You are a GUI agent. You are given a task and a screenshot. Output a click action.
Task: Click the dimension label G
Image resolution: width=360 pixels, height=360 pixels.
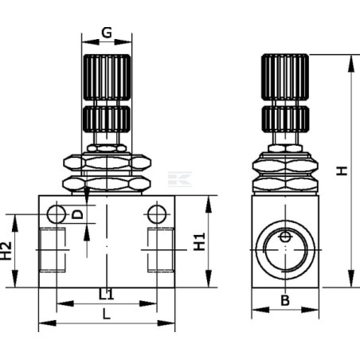[107, 33]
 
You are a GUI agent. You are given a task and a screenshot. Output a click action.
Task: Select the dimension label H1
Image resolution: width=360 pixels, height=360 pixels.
[199, 241]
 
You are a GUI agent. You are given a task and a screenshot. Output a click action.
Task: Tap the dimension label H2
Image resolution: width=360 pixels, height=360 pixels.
[6, 251]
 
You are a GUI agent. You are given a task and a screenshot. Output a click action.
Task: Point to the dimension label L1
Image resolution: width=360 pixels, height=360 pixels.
[107, 294]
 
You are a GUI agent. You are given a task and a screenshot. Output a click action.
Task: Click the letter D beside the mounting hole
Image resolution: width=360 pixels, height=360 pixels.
[78, 214]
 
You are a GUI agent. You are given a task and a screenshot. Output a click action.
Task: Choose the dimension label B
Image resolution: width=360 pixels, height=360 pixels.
[285, 300]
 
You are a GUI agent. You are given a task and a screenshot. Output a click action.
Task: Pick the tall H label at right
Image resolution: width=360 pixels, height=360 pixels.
[342, 170]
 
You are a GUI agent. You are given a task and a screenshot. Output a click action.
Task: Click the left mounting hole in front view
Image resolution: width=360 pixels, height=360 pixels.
[57, 214]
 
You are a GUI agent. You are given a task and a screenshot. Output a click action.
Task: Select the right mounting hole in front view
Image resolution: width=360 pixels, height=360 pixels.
[157, 214]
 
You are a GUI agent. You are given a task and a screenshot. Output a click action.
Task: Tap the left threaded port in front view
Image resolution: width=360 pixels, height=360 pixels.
[53, 249]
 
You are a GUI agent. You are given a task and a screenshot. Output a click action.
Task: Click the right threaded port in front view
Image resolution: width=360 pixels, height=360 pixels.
[161, 249]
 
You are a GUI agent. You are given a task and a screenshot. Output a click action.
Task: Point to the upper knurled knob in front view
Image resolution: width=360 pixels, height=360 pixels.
[107, 77]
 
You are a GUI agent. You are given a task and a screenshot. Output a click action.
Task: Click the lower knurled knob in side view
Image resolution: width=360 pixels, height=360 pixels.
[285, 119]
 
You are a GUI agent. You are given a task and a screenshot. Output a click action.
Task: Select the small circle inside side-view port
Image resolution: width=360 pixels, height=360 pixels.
[285, 237]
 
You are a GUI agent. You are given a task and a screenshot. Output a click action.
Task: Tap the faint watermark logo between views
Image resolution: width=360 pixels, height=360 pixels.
[180, 179]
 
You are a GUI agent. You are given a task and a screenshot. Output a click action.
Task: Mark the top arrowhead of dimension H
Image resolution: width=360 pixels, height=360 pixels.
[351, 63]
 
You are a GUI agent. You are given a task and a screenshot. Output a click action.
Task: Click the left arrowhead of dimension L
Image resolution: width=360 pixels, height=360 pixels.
[48, 323]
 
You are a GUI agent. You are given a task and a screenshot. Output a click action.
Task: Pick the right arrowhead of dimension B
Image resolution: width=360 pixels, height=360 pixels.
[310, 310]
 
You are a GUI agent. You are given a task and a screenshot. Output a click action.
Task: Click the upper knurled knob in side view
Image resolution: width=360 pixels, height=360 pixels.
[285, 77]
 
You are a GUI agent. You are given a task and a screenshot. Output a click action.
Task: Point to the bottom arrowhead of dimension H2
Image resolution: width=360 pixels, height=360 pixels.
[15, 279]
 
